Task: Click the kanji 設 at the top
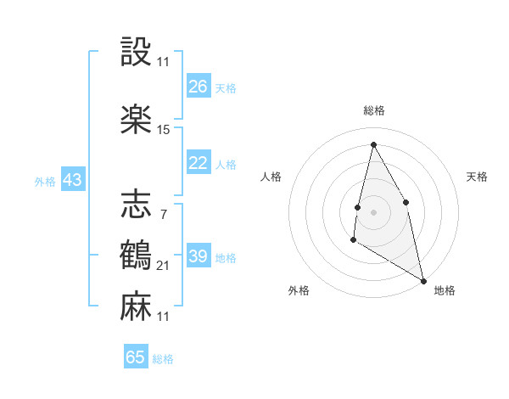click(136, 54)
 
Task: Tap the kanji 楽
click(136, 118)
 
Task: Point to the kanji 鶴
click(136, 255)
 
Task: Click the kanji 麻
click(136, 306)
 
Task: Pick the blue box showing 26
click(199, 87)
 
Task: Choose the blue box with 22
click(199, 164)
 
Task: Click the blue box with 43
click(72, 181)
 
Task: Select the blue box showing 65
click(136, 357)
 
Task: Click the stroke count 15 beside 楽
click(164, 130)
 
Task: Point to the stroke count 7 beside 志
click(163, 213)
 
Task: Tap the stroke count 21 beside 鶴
click(164, 267)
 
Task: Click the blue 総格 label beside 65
click(163, 359)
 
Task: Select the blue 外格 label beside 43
click(45, 182)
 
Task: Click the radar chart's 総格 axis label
click(373, 110)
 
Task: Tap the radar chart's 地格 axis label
click(445, 290)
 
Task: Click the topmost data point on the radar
click(373, 143)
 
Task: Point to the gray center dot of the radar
click(373, 211)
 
